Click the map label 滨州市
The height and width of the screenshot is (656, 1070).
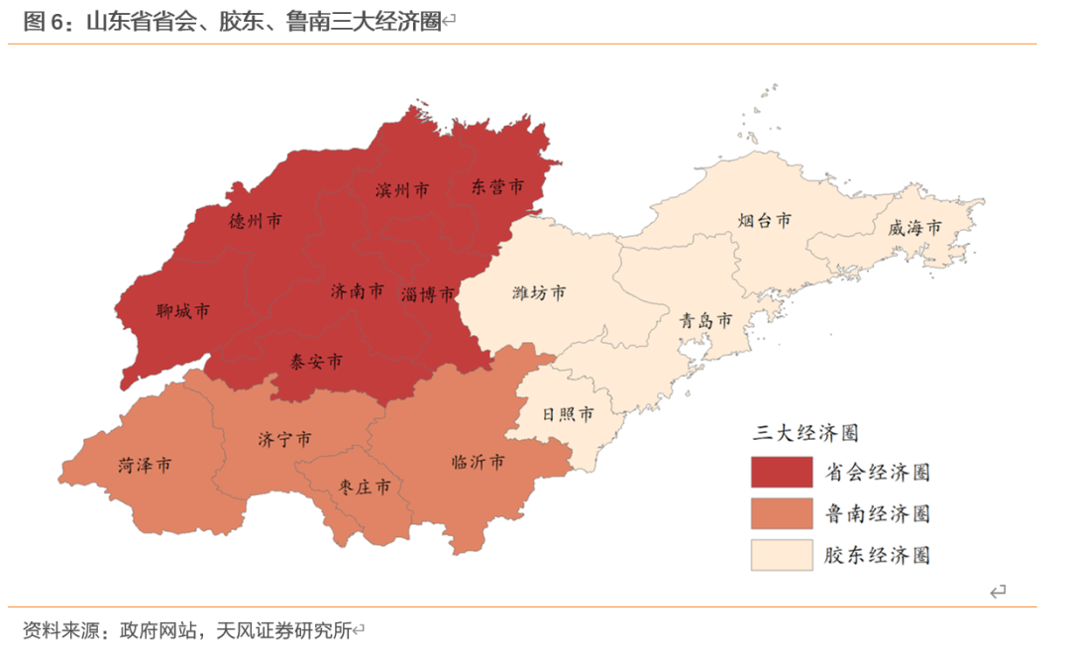402,189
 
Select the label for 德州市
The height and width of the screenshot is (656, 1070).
255,221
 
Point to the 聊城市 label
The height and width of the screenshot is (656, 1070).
183,311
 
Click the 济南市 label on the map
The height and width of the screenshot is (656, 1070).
357,291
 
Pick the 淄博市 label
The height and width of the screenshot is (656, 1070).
428,294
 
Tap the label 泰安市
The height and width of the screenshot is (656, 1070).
316,362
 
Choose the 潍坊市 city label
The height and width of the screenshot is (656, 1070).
540,292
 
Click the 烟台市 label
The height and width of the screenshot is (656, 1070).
765,220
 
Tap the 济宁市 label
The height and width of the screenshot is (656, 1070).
284,439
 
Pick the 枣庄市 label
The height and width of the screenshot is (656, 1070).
363,487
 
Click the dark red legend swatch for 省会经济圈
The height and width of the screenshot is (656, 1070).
781,473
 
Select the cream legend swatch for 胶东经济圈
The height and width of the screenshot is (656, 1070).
781,555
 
